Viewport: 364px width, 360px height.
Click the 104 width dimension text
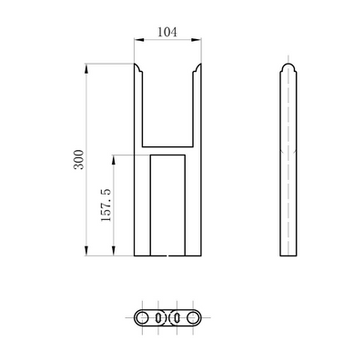(x=167, y=31)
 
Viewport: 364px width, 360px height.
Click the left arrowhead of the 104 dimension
(x=138, y=39)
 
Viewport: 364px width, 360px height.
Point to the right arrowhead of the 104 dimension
(x=199, y=39)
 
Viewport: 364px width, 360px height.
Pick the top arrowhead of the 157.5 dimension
(x=115, y=156)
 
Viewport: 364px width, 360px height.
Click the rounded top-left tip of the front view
(x=138, y=66)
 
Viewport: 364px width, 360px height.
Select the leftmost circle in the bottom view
(x=143, y=317)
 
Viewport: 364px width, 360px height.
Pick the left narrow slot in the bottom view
(x=160, y=317)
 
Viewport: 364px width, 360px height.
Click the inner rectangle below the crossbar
(x=168, y=205)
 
